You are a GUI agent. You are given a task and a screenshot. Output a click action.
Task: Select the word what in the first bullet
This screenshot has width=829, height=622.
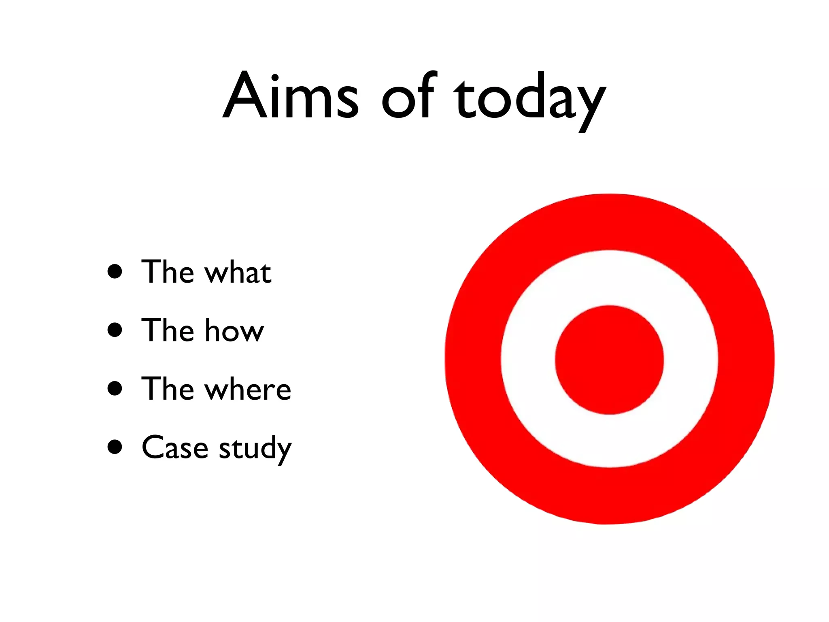coord(238,272)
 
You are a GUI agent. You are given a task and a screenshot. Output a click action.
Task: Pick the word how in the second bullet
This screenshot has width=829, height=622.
coord(234,330)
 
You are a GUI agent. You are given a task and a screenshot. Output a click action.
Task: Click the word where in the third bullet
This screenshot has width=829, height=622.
coord(248,389)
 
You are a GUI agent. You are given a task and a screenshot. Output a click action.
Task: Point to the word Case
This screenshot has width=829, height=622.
coord(175,448)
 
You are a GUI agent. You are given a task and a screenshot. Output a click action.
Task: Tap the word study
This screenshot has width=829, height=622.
coord(255,449)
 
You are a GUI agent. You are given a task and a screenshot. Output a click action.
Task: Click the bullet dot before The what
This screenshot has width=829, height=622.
coord(115,272)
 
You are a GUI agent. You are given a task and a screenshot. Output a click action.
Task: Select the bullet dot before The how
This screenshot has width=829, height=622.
coord(115,330)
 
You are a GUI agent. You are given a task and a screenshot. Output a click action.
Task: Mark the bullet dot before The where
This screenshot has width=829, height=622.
coord(115,388)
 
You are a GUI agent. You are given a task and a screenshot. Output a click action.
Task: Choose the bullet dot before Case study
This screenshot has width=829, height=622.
coord(115,447)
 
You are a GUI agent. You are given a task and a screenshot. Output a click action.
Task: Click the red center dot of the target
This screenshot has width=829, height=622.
coord(609,360)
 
